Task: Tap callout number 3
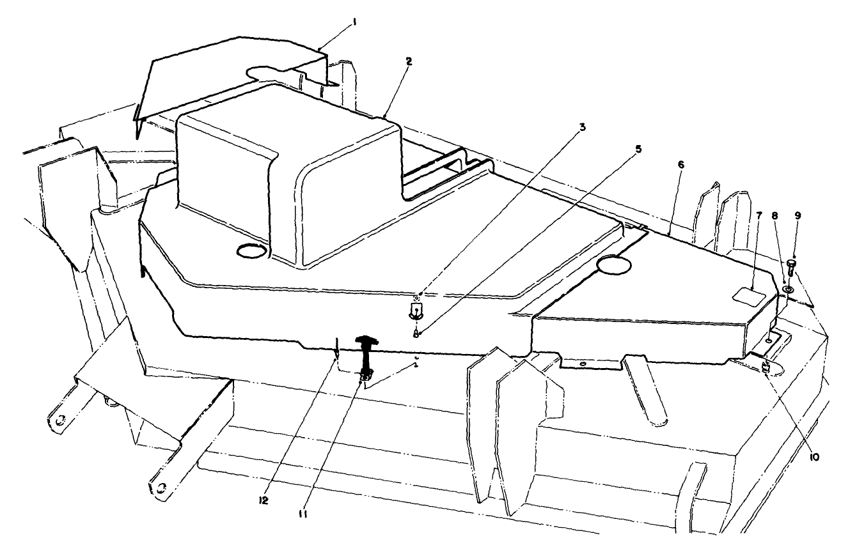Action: pyautogui.click(x=582, y=127)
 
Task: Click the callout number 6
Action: pyautogui.click(x=681, y=165)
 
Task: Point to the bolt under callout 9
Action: pyautogui.click(x=792, y=267)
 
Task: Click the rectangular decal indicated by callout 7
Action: pyautogui.click(x=747, y=295)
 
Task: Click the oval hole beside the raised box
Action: pyautogui.click(x=250, y=251)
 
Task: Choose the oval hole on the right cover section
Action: pyautogui.click(x=613, y=264)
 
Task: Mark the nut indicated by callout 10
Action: pyautogui.click(x=765, y=367)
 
